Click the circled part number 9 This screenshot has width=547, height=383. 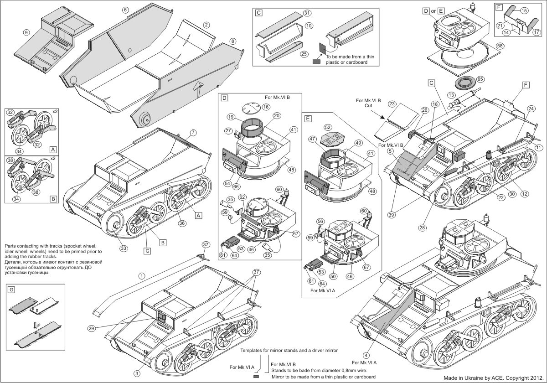pos(26,32)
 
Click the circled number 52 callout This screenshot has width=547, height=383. pos(328,127)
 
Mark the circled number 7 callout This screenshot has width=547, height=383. pos(193,132)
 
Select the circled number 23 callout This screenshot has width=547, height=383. pos(392,104)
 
